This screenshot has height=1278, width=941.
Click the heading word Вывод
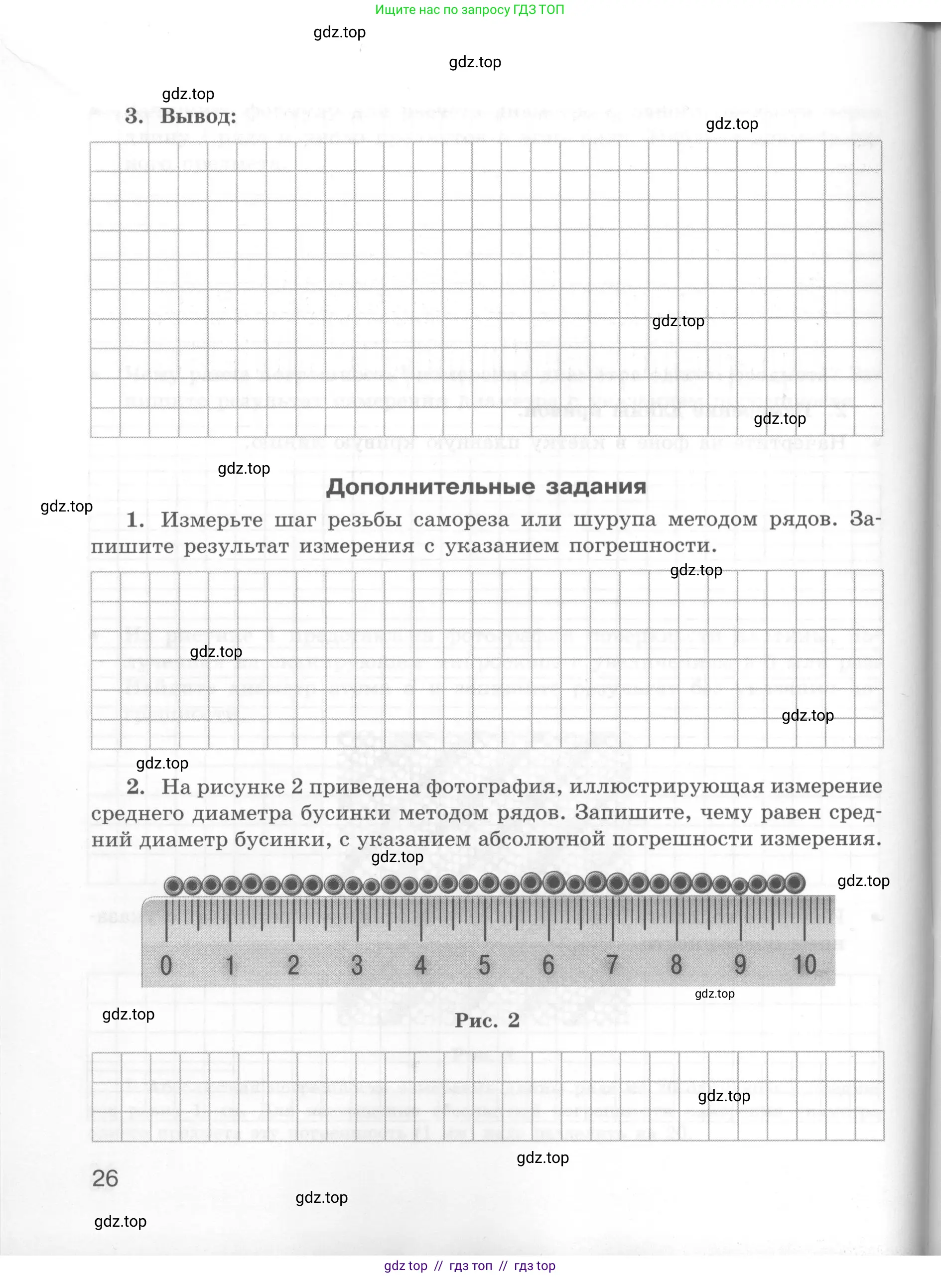tap(198, 116)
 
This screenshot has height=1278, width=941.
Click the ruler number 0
tap(166, 965)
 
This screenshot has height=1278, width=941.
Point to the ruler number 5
tap(484, 965)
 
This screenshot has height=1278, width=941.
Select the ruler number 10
tap(805, 965)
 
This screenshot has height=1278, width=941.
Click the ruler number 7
tap(612, 965)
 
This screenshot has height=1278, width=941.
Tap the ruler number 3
tap(357, 965)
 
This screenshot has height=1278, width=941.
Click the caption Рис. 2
tap(487, 1020)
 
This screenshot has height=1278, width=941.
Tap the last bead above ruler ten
tap(795, 884)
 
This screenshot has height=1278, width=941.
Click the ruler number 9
tap(739, 965)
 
